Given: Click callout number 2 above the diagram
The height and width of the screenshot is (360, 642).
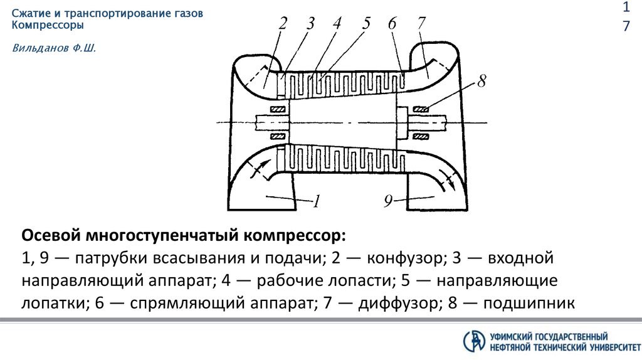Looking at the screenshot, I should click(283, 24).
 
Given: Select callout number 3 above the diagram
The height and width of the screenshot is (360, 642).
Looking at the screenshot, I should click(310, 24).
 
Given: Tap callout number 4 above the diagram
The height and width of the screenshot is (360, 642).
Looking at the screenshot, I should click(337, 24).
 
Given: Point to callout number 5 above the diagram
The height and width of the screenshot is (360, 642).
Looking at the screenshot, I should click(366, 24).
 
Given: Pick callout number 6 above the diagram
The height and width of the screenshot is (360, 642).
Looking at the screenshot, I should click(392, 24).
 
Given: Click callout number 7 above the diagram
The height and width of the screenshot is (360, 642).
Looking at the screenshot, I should click(421, 24).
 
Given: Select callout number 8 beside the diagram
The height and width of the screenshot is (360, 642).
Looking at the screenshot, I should click(481, 82).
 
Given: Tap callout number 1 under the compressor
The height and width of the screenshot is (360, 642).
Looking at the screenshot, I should click(317, 201).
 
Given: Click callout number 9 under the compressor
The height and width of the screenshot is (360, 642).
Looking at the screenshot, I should click(388, 201).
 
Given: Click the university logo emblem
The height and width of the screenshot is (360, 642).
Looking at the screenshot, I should click(474, 340).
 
